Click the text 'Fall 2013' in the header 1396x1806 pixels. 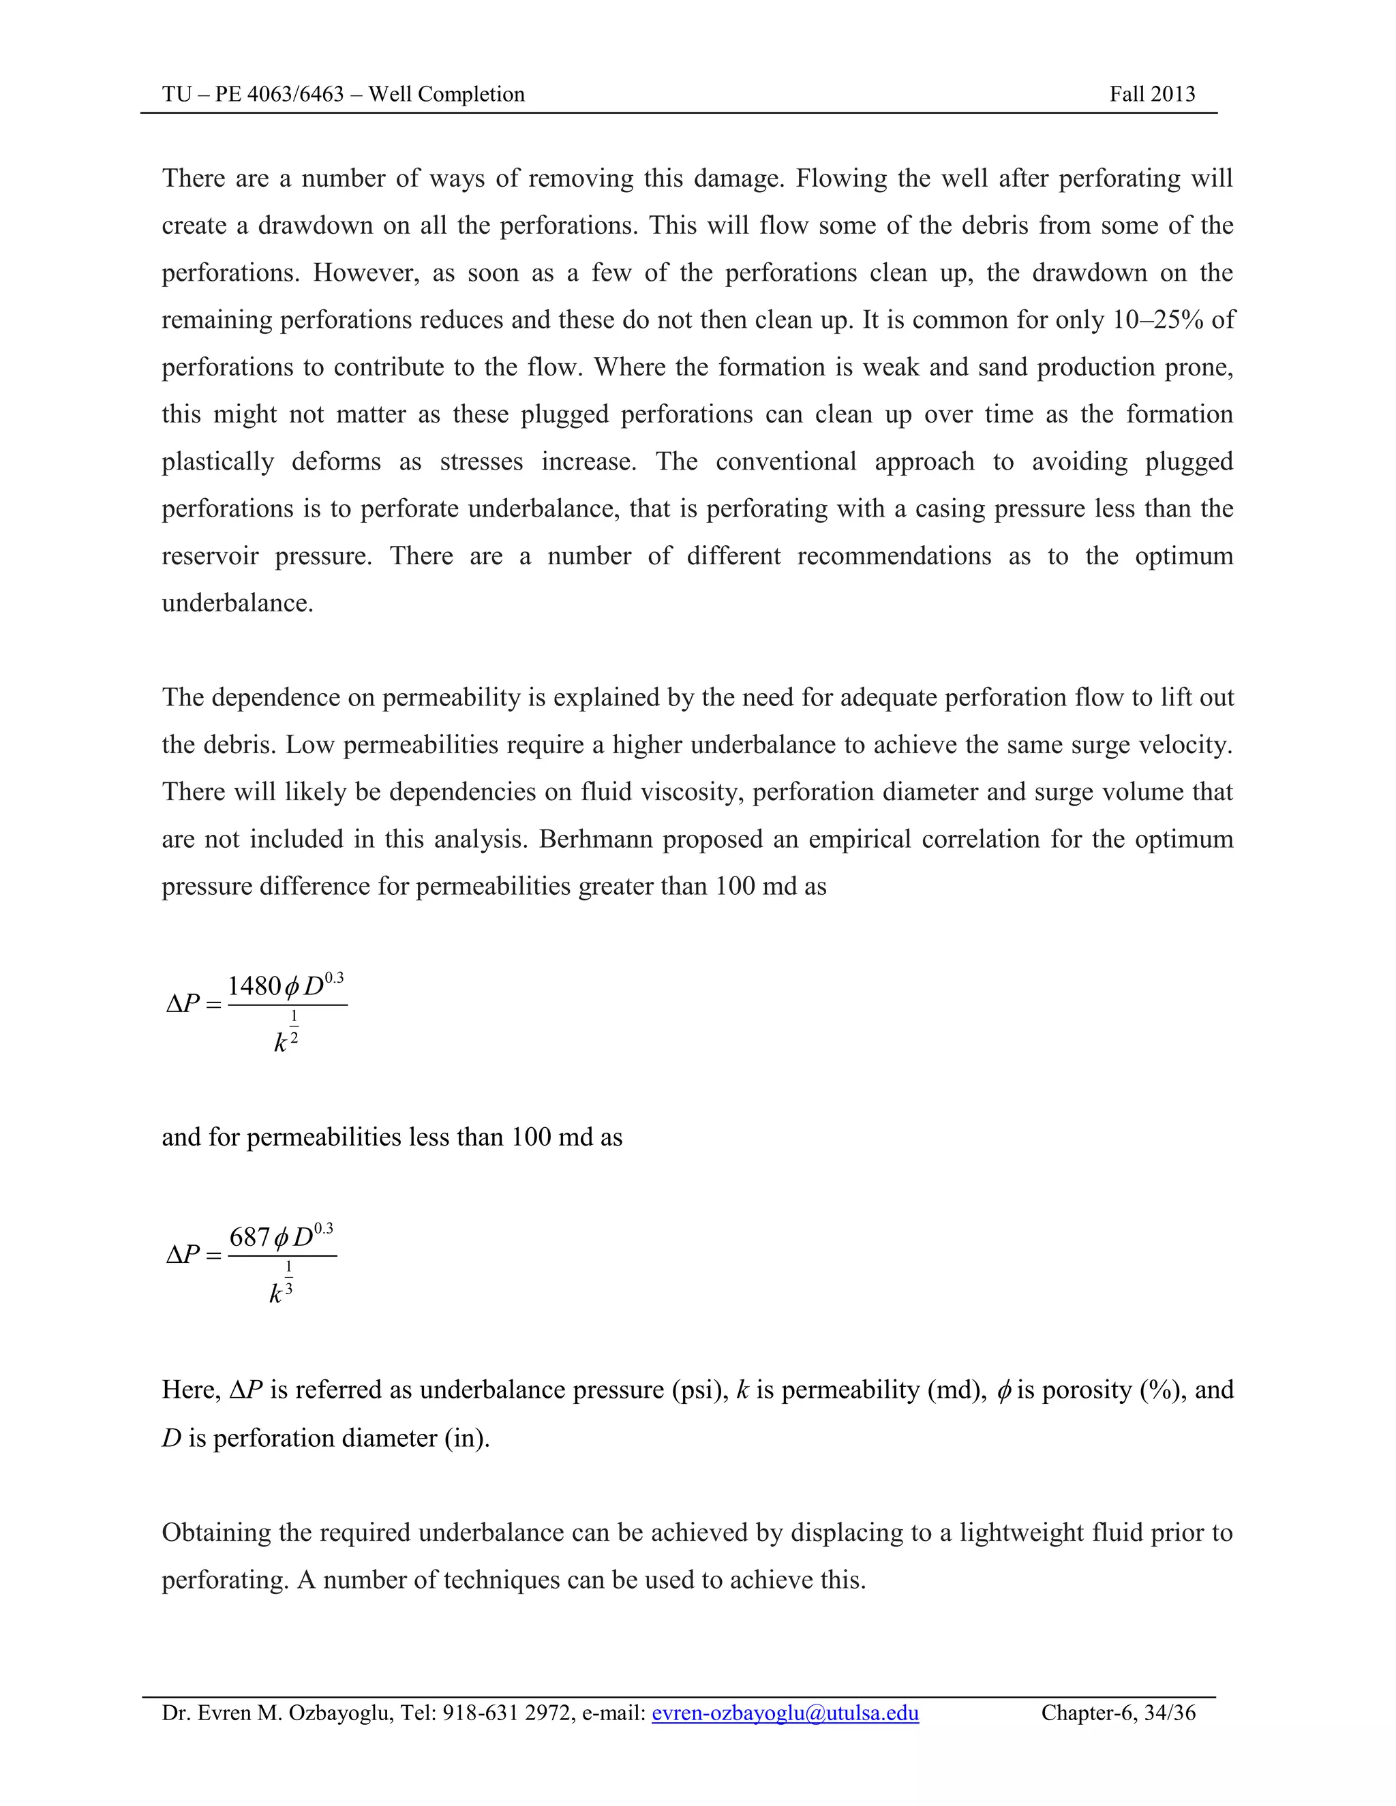(1152, 94)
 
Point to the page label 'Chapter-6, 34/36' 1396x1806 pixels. (1118, 1713)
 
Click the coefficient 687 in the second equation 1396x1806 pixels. (249, 1238)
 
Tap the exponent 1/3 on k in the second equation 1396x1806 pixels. (288, 1278)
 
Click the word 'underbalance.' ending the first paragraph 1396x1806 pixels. (237, 604)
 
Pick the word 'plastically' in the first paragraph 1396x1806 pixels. (217, 461)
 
